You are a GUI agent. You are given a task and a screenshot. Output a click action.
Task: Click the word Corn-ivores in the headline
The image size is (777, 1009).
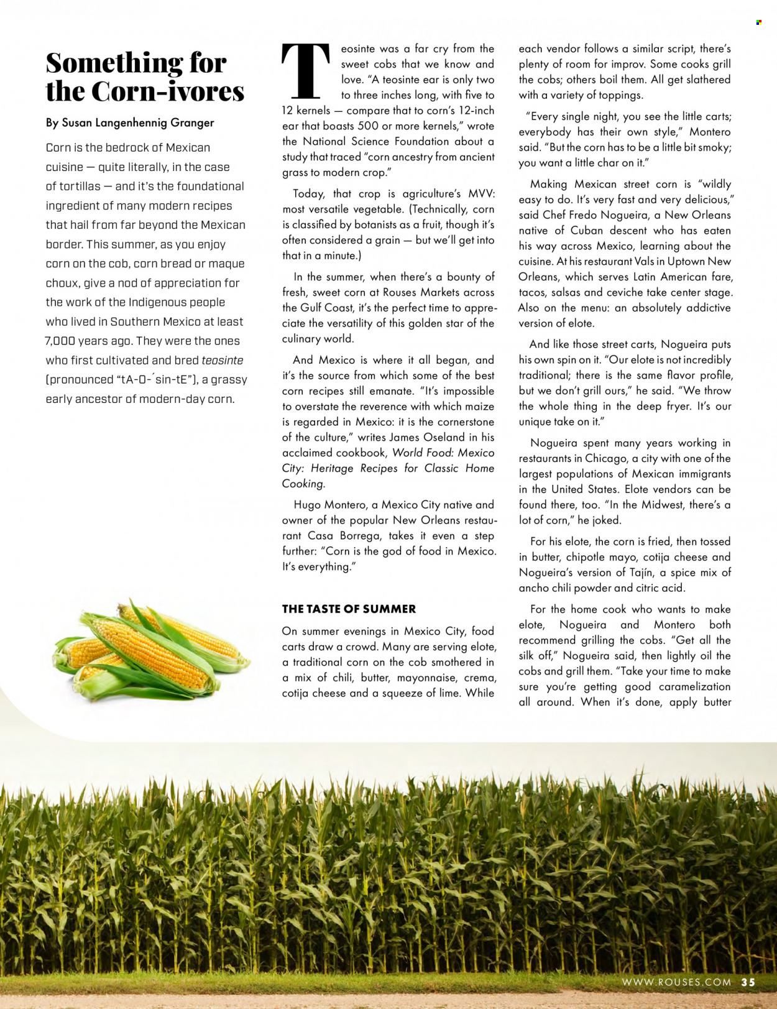coord(168,91)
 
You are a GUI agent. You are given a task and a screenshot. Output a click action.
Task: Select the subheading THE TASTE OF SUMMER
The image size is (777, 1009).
coord(349,609)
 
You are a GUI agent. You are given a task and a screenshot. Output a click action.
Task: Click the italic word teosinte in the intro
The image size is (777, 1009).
coord(222,360)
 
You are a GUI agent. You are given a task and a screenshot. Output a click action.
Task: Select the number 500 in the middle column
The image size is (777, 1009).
coord(361,126)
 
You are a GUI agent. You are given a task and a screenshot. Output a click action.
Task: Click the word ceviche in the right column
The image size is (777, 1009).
coord(630,292)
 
